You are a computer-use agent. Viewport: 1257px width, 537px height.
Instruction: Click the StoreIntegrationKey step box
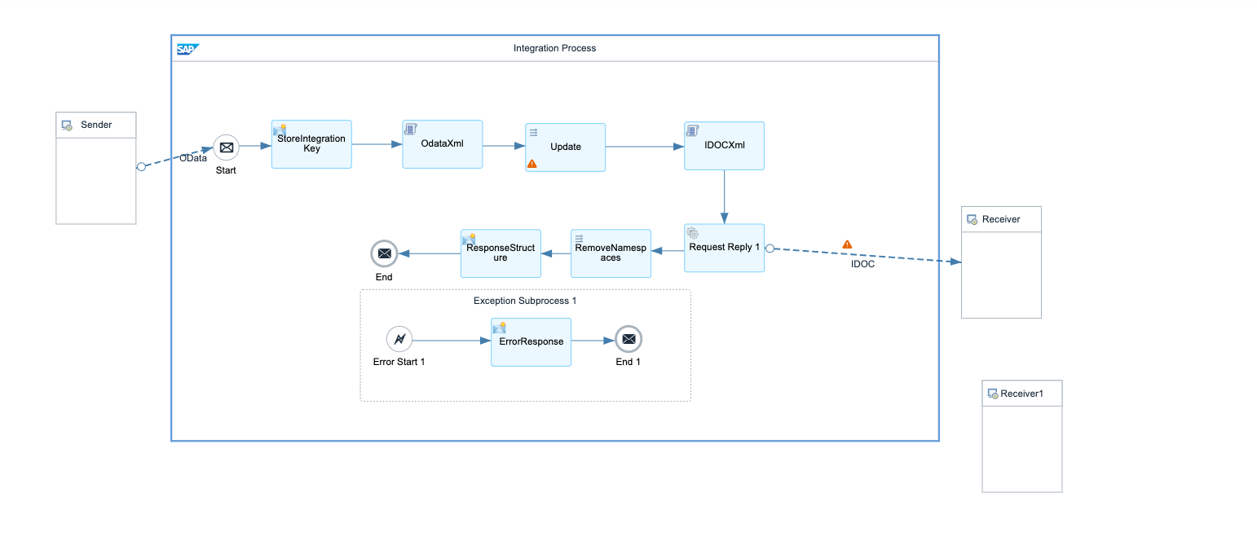click(x=311, y=144)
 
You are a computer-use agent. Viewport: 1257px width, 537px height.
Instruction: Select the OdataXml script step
click(x=442, y=144)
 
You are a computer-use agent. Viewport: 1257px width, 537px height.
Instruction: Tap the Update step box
click(x=565, y=147)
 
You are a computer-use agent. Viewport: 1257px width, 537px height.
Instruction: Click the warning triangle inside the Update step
click(x=532, y=163)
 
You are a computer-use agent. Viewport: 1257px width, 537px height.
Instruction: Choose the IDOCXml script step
click(x=724, y=146)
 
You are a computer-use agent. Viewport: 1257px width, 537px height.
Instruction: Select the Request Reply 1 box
click(x=724, y=248)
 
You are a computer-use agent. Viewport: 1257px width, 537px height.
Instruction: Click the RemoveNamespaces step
click(x=611, y=253)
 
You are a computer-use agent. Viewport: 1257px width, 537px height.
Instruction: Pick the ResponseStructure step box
click(x=501, y=253)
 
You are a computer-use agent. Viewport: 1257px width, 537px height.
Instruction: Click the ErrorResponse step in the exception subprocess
click(x=531, y=341)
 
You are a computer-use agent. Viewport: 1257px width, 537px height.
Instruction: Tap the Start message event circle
click(x=227, y=147)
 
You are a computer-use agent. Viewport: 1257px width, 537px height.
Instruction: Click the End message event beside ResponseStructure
click(x=384, y=253)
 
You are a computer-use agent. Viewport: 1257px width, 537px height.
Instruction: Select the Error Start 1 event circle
click(x=399, y=338)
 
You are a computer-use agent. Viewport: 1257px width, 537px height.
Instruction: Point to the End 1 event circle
click(x=628, y=338)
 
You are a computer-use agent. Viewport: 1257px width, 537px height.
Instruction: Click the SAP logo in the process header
click(x=187, y=49)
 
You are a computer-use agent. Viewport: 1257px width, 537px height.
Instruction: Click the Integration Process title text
click(x=554, y=48)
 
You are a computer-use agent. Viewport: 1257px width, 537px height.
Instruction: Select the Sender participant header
click(x=96, y=125)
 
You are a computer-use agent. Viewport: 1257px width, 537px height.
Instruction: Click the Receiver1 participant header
click(x=1021, y=394)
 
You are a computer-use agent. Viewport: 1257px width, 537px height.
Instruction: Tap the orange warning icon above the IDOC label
click(x=847, y=244)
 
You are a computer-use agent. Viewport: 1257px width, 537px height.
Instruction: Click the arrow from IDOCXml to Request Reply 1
click(x=724, y=196)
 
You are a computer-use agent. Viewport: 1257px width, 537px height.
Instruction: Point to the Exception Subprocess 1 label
click(x=525, y=301)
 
